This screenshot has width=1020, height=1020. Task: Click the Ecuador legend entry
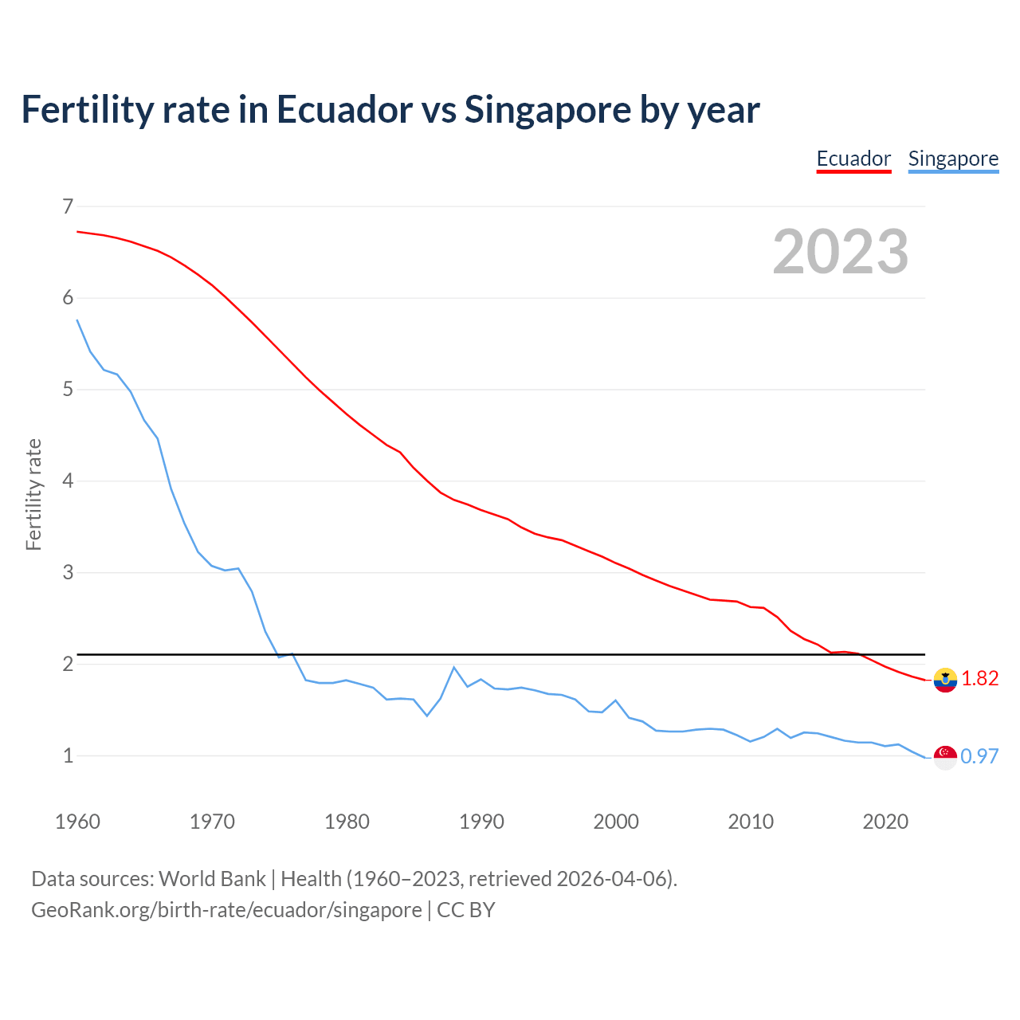coord(853,159)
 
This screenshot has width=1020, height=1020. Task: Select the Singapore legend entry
coord(953,159)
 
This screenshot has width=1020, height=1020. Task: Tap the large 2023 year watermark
coord(841,252)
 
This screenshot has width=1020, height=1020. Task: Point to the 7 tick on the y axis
coord(68,206)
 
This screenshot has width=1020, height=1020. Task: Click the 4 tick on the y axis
coord(68,481)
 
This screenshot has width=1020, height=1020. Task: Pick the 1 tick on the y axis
coord(68,755)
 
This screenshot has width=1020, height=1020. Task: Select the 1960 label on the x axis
coord(77,822)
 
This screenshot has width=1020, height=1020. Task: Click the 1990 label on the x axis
coord(481,822)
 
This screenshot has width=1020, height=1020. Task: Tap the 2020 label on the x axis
coord(885,822)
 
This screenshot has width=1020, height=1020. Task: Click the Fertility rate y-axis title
coord(33,494)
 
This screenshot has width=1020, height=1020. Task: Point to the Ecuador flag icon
coord(945,680)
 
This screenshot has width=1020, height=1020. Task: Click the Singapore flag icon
coord(945,757)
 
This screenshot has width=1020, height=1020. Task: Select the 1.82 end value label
coord(980,678)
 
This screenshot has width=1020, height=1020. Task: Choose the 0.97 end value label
coord(980,756)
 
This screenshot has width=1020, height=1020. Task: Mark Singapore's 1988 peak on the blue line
coord(454,667)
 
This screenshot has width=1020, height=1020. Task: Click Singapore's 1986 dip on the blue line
coord(427,716)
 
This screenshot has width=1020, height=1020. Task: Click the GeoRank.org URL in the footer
coord(226,910)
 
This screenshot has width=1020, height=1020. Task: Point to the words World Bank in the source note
coord(212,879)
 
